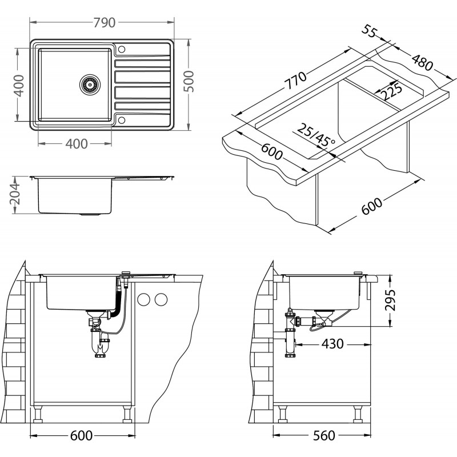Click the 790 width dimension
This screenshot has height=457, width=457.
click(105, 22)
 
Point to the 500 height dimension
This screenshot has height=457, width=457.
click(189, 81)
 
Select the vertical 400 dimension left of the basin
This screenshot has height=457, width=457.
click(19, 85)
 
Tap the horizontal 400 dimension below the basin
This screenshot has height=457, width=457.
click(77, 144)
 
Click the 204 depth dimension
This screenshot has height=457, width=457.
click(15, 194)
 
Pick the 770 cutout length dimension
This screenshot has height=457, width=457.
click(295, 80)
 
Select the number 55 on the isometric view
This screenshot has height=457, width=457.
click(370, 30)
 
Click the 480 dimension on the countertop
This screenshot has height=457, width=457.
click(422, 62)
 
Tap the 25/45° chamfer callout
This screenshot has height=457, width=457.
click(316, 135)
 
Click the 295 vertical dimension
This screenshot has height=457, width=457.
click(390, 300)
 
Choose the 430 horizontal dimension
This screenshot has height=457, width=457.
click(332, 344)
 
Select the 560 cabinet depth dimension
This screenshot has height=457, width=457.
click(324, 436)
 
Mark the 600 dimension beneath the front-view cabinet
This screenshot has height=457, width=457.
click(81, 436)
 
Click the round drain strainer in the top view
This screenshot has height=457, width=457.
click(90, 85)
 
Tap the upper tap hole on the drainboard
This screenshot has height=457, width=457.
click(122, 49)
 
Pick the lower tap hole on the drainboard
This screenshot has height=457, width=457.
click(122, 120)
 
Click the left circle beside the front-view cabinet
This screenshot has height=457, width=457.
click(144, 299)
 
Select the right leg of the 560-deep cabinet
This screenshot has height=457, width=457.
click(358, 415)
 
